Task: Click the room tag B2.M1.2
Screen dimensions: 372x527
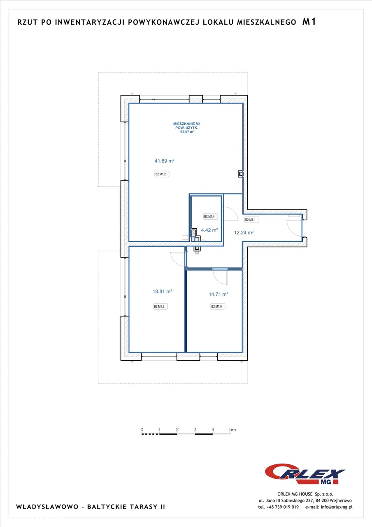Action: pyautogui.click(x=162, y=174)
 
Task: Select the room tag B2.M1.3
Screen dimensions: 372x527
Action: pyautogui.click(x=160, y=306)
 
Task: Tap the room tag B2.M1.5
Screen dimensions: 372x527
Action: pyautogui.click(x=218, y=306)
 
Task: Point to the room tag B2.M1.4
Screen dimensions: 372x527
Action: pyautogui.click(x=210, y=216)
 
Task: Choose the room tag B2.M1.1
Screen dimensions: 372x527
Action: pyautogui.click(x=251, y=220)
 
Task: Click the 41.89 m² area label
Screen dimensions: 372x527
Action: pyautogui.click(x=164, y=161)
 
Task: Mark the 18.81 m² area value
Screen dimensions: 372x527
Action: pyautogui.click(x=163, y=291)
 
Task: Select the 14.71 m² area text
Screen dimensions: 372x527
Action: pyautogui.click(x=219, y=294)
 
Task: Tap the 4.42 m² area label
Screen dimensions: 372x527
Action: pyautogui.click(x=209, y=230)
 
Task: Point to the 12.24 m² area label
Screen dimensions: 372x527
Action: pyautogui.click(x=244, y=232)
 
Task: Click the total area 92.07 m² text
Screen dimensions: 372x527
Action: pyautogui.click(x=187, y=132)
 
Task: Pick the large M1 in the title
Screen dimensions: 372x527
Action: pyautogui.click(x=309, y=22)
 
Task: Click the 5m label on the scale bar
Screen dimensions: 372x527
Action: pyautogui.click(x=232, y=429)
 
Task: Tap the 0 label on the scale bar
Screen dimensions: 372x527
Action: pyautogui.click(x=142, y=429)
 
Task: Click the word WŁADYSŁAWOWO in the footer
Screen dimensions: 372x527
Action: pyautogui.click(x=47, y=506)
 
